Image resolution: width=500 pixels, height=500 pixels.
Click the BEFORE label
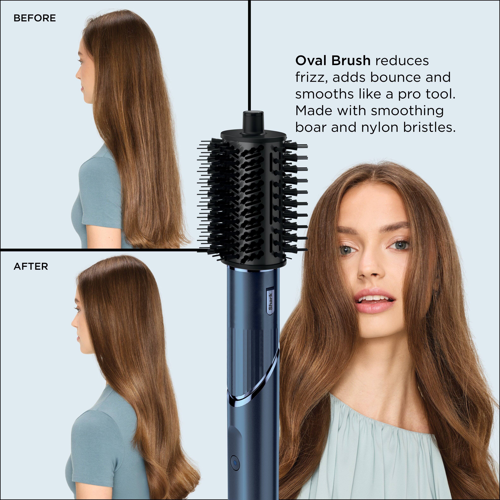point(35,18)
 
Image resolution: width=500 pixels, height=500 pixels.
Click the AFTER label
point(31,267)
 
